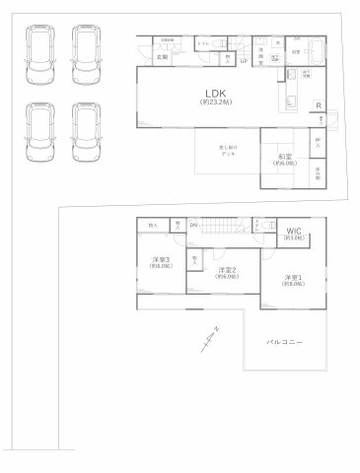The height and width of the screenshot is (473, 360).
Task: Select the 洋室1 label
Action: (x=293, y=279)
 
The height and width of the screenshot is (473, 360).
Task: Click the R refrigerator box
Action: (x=318, y=106)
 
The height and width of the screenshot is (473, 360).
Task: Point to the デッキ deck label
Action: (x=227, y=153)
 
